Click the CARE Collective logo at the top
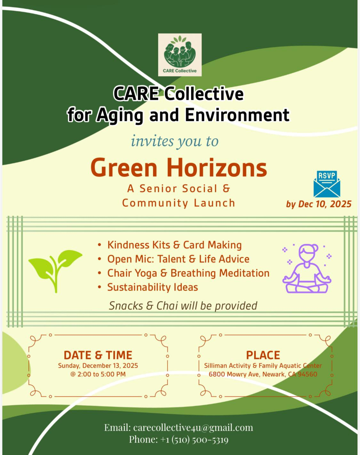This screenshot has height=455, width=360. (180, 55)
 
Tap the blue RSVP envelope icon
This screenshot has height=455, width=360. (327, 184)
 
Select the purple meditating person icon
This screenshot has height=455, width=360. (307, 268)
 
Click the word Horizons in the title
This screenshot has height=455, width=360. (217, 168)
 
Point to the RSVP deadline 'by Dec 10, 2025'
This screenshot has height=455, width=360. (319, 204)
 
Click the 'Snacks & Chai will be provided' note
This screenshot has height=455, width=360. (183, 306)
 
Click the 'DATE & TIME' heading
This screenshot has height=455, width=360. (98, 355)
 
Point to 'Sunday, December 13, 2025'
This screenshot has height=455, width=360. (98, 365)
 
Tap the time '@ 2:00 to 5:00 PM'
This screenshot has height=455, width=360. (98, 374)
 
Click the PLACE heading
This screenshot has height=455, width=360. (263, 355)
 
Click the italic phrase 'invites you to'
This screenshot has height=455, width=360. (175, 141)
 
